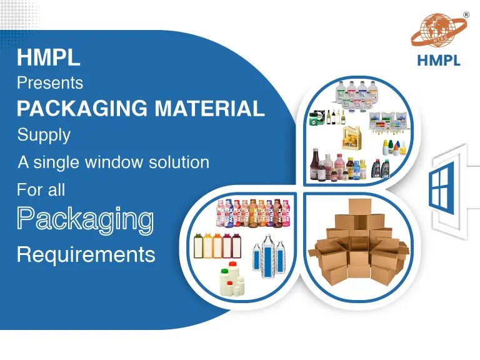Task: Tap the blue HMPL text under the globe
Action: click(438, 61)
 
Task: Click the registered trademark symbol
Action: click(466, 14)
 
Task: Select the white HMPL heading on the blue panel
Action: click(49, 58)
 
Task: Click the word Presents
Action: click(50, 82)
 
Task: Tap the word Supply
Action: click(44, 134)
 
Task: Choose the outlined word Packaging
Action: click(85, 219)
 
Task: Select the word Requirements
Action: click(86, 254)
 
